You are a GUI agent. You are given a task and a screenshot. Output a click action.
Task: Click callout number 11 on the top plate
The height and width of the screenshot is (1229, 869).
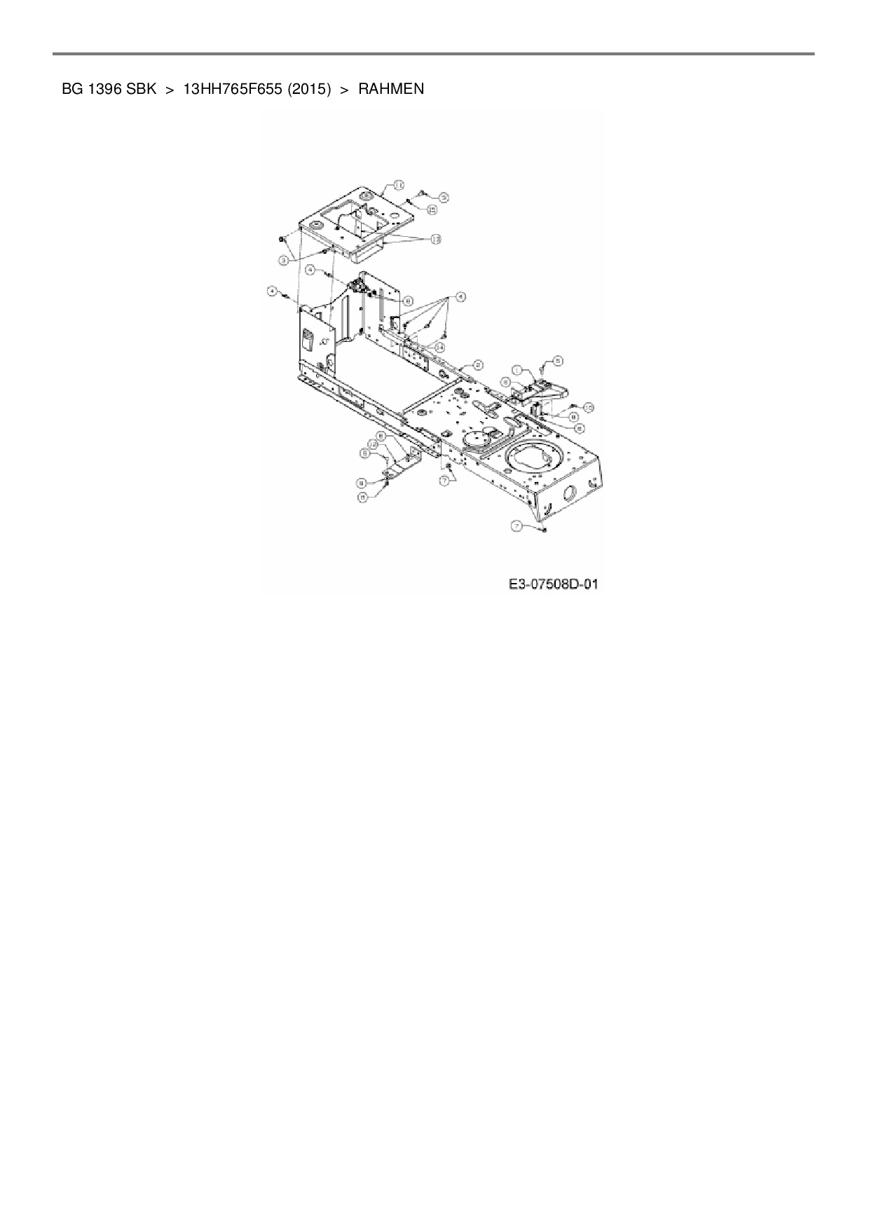pyautogui.click(x=398, y=185)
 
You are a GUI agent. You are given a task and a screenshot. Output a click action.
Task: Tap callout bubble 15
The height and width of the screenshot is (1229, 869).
pyautogui.click(x=432, y=209)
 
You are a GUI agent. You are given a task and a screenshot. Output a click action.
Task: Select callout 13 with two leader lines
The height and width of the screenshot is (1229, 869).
pyautogui.click(x=435, y=240)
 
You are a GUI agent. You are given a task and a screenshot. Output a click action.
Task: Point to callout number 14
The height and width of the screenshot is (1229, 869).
pyautogui.click(x=440, y=347)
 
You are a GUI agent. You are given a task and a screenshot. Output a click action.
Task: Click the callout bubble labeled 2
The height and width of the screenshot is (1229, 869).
pyautogui.click(x=478, y=364)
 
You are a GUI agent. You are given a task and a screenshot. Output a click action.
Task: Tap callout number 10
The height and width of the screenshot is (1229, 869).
pyautogui.click(x=589, y=406)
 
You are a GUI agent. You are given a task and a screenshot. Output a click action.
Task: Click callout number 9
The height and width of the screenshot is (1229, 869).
pyautogui.click(x=361, y=482)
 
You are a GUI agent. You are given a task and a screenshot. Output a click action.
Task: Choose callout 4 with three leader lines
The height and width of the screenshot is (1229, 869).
pyautogui.click(x=460, y=297)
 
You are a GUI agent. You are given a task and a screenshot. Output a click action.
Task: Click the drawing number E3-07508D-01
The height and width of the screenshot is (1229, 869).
pyautogui.click(x=554, y=584)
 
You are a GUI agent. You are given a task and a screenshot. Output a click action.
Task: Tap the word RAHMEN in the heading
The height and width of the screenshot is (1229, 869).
pyautogui.click(x=391, y=89)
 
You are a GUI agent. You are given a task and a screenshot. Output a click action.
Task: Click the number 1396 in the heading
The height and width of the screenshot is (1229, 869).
pyautogui.click(x=105, y=89)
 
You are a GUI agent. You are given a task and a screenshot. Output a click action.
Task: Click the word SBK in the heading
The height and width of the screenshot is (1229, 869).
pyautogui.click(x=141, y=89)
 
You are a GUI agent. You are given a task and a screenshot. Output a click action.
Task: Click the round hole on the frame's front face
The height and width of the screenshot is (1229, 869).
pyautogui.click(x=570, y=492)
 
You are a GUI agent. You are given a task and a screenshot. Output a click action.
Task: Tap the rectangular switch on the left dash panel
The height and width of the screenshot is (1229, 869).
pyautogui.click(x=308, y=341)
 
